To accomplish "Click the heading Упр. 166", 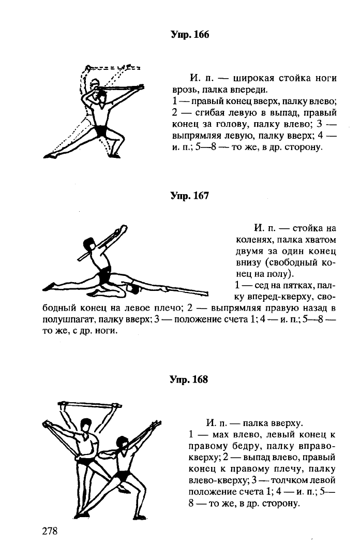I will (189, 35).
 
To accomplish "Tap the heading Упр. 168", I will (189, 379).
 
